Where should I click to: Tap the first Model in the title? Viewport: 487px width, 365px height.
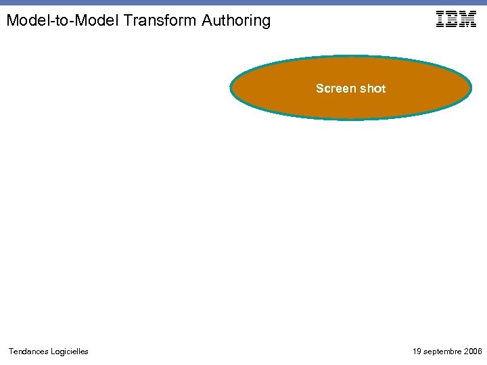click(27, 21)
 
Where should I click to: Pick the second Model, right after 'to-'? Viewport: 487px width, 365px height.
click(95, 21)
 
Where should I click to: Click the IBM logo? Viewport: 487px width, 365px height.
click(456, 19)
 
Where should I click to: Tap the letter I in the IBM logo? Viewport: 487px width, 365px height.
click(440, 19)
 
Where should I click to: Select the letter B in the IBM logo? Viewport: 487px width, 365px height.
click(451, 19)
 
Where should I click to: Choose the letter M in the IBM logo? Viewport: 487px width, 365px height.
click(467, 19)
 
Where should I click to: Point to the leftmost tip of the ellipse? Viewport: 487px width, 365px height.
click(231, 88)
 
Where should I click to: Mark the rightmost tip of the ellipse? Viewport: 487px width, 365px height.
click(470, 88)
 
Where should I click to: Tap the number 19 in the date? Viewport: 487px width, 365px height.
click(417, 351)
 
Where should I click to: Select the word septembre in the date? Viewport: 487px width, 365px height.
click(443, 351)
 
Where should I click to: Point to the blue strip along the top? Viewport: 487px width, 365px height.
click(243, 3)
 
